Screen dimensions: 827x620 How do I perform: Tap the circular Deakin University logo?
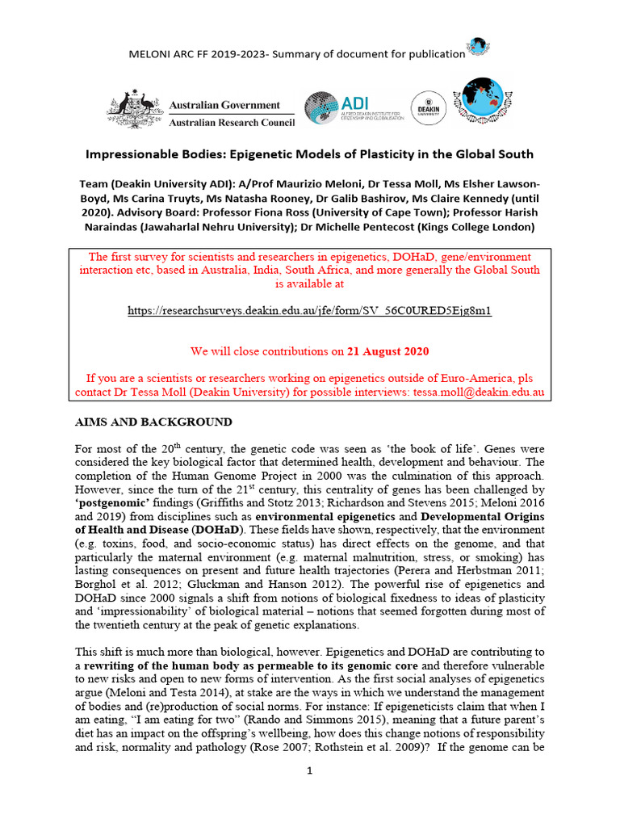coord(428,107)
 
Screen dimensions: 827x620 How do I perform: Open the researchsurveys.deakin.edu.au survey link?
coord(310,310)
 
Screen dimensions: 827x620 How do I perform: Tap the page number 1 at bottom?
coord(310,770)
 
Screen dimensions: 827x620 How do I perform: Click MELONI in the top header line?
coord(151,54)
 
